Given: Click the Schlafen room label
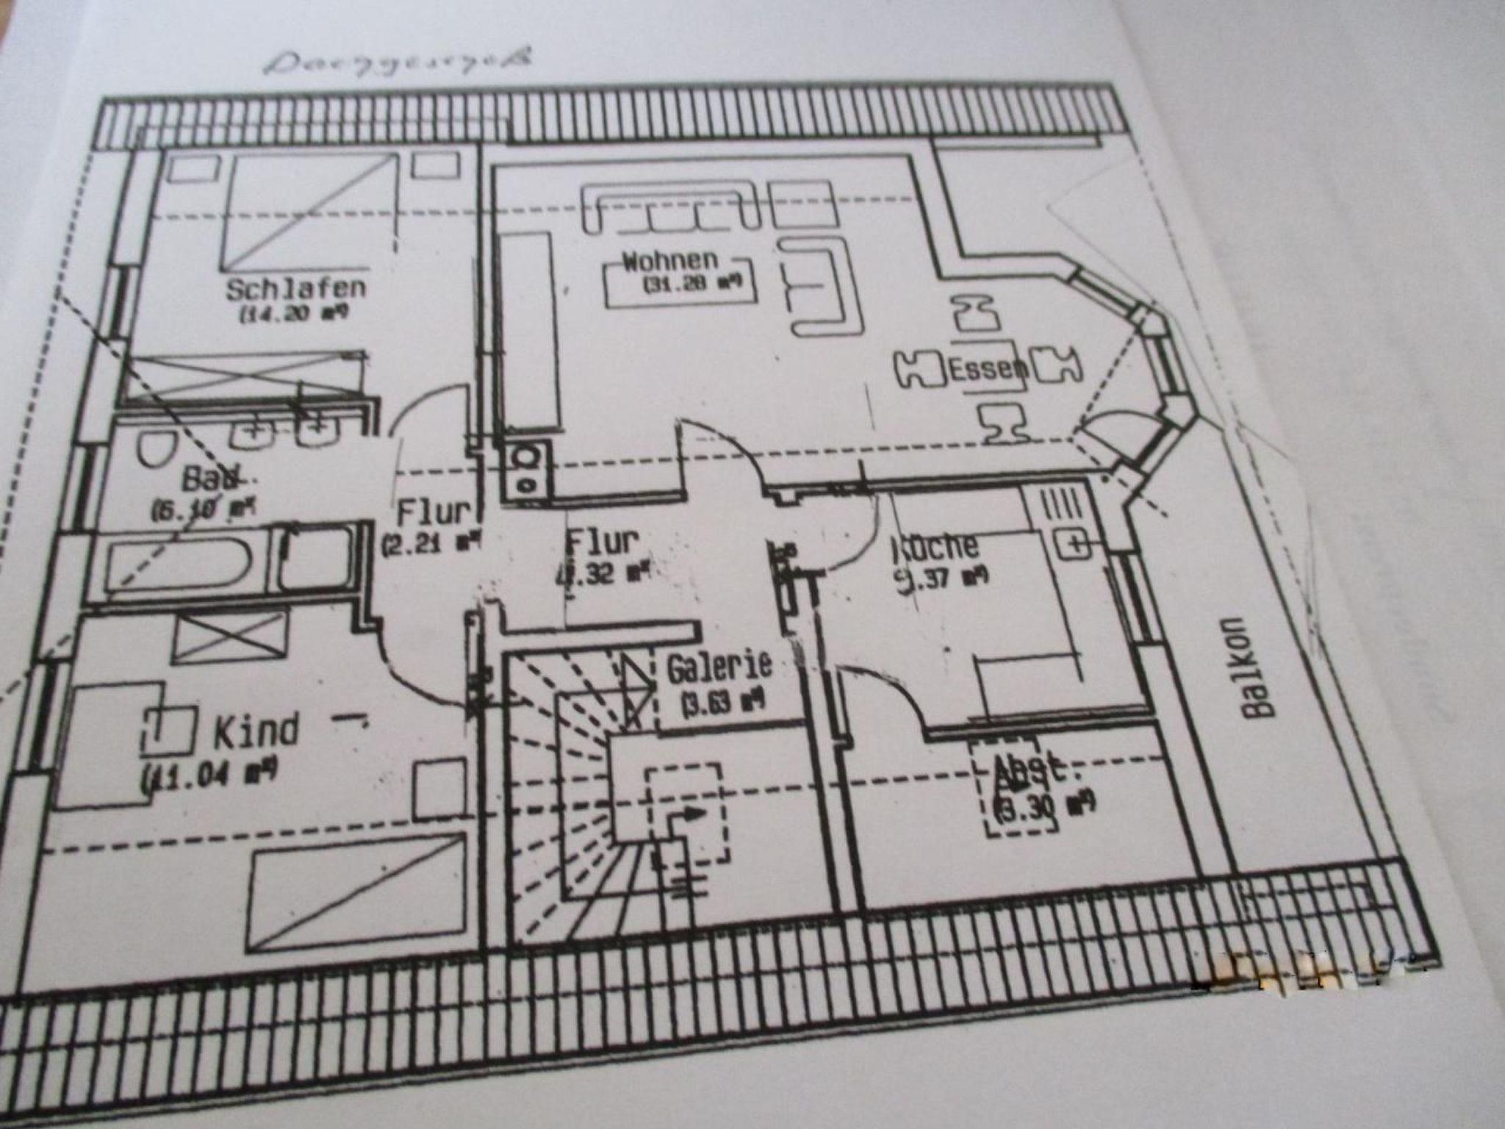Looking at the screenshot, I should (x=295, y=287).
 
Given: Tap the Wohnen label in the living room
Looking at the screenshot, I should (x=669, y=261).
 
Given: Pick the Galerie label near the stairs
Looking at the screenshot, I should (x=719, y=667).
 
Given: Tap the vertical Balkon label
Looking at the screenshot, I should (x=1254, y=666).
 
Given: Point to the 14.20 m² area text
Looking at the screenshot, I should (x=293, y=314).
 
